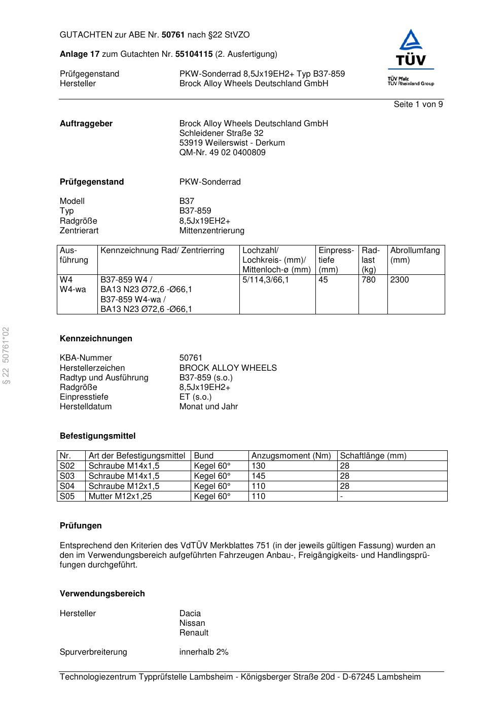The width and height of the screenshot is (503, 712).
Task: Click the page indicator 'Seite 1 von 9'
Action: (418, 104)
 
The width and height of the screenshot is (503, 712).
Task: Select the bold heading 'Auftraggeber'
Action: (86, 124)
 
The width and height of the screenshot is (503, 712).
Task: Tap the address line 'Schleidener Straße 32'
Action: (221, 133)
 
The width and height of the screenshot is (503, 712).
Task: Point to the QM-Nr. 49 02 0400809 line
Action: (222, 153)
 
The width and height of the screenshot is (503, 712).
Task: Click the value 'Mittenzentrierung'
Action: (211, 231)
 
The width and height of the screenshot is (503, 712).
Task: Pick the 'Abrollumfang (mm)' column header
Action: (415, 255)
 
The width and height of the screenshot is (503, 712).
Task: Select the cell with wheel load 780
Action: (369, 280)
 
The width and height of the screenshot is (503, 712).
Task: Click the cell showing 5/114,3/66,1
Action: (266, 280)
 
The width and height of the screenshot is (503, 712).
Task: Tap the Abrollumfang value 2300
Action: (400, 280)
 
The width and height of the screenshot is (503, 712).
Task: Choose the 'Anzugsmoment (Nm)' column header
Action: (291, 456)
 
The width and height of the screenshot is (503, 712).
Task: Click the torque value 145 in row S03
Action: (259, 476)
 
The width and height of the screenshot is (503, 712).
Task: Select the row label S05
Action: (67, 496)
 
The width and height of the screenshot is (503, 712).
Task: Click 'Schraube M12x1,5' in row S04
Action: (124, 486)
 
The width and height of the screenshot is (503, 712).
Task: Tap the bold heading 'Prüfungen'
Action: (81, 526)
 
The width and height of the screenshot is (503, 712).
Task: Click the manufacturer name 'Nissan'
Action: (192, 623)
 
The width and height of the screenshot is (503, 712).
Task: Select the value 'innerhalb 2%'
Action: (204, 652)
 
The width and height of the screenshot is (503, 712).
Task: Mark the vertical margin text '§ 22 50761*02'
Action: (6, 355)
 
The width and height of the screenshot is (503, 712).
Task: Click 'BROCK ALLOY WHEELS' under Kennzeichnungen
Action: (228, 368)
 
